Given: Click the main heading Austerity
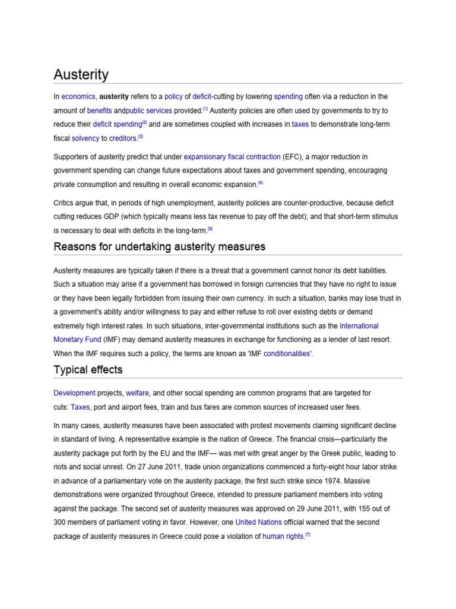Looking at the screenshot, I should click(81, 74).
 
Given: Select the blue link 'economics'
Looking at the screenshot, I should click(78, 96).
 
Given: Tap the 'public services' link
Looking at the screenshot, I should click(149, 111).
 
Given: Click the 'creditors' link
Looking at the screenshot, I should click(123, 139).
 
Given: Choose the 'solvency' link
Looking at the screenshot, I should click(85, 139).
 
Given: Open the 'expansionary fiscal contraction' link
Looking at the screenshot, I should click(232, 157).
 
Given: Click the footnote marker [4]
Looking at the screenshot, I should click(260, 183).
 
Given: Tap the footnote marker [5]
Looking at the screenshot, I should click(210, 228).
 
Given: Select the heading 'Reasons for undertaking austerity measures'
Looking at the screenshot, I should click(159, 247).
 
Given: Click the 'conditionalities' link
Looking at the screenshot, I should click(287, 353).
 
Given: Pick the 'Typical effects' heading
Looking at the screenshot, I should click(88, 370).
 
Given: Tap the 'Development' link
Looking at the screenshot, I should click(74, 393).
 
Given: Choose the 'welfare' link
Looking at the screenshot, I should click(138, 393).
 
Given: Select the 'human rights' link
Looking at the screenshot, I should click(283, 536).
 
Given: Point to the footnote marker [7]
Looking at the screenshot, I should click(308, 535).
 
